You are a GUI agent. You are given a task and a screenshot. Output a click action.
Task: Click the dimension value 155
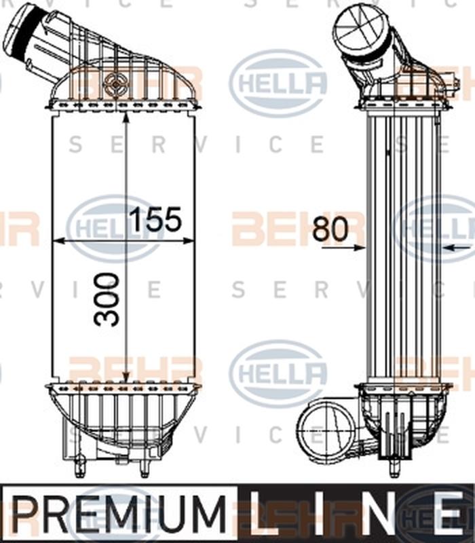coord(155,219)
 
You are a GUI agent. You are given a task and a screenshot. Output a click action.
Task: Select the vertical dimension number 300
coord(108,299)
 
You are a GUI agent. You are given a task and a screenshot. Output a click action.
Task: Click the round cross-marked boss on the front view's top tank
coord(114,83)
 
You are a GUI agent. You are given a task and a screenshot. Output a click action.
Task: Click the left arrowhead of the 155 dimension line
coord(58,240)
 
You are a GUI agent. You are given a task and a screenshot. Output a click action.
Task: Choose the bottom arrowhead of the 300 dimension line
coord(126,379)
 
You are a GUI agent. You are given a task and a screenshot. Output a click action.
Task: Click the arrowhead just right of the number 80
coord(360,248)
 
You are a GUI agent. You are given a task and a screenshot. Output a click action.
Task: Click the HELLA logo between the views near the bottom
coord(278,374)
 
